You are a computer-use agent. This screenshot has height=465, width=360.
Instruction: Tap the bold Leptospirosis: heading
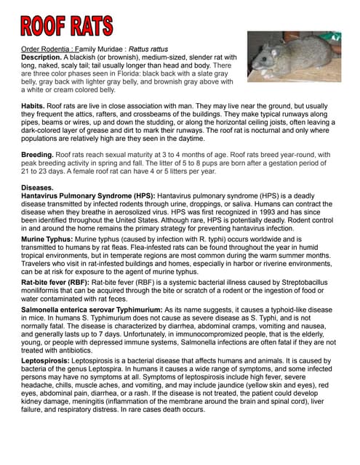pyautogui.click(x=48, y=359)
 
